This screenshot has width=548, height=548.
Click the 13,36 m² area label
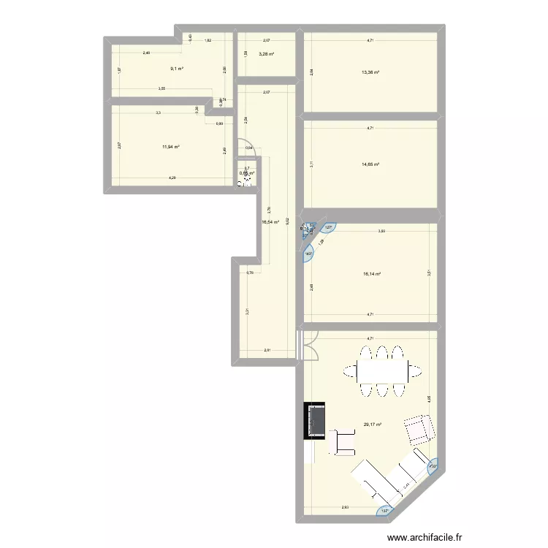pyautogui.click(x=370, y=72)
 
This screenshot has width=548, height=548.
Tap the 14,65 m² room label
pyautogui.click(x=370, y=165)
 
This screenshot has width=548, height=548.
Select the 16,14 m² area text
pyautogui.click(x=372, y=275)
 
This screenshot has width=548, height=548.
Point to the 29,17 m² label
pyautogui.click(x=372, y=424)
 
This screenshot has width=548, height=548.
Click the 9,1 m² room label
pyautogui.click(x=176, y=69)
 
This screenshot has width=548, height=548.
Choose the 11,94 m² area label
pyautogui.click(x=171, y=146)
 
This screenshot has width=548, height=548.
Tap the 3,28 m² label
pyautogui.click(x=267, y=53)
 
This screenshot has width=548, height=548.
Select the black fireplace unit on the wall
pyautogui.click(x=316, y=420)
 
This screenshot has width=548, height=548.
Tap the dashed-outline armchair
pyautogui.click(x=418, y=429)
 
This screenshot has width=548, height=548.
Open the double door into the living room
pyautogui.click(x=308, y=345)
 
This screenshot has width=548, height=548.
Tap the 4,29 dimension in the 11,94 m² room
pyautogui.click(x=172, y=178)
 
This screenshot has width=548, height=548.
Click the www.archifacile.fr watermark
pyautogui.click(x=463, y=535)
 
